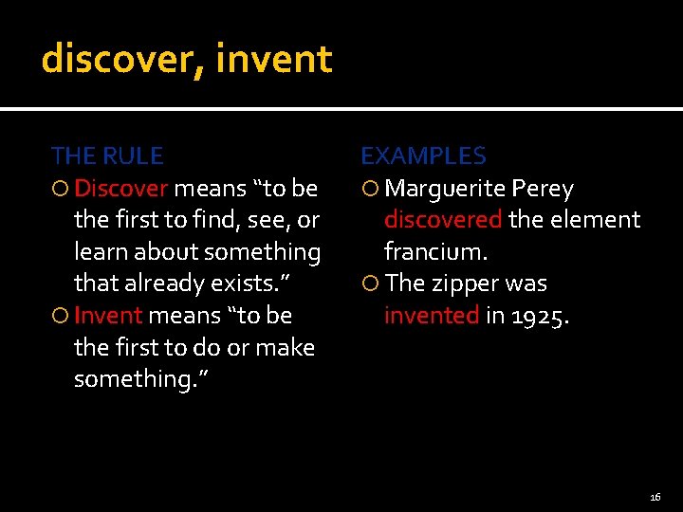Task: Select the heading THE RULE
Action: tap(106, 155)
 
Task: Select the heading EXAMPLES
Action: tap(423, 155)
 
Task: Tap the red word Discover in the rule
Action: tap(120, 189)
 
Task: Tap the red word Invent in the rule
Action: tap(107, 315)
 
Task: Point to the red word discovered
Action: tap(442, 220)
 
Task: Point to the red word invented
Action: tap(431, 315)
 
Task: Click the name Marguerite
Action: tap(445, 189)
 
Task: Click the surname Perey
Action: tap(543, 189)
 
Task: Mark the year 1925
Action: tap(540, 315)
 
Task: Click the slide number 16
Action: tap(655, 497)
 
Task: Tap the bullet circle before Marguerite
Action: tap(370, 189)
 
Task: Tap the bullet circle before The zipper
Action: tap(370, 283)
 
